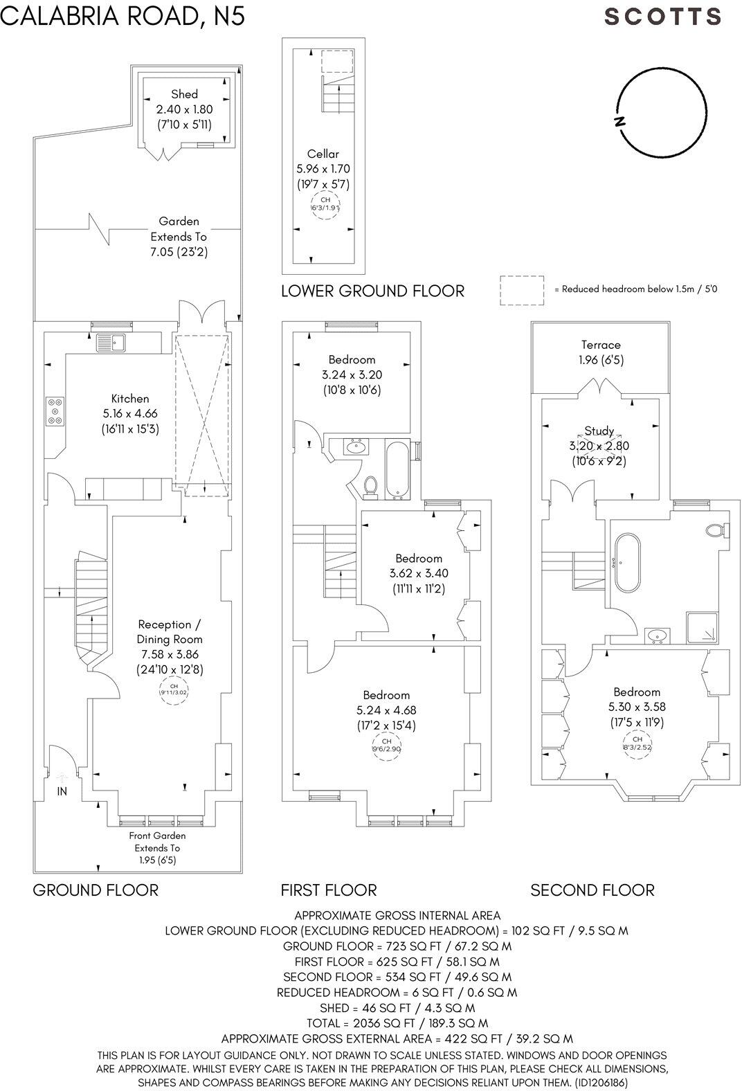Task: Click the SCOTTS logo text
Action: (663, 17)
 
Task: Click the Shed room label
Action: (184, 94)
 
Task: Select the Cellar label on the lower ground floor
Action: (323, 154)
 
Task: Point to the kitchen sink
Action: (110, 341)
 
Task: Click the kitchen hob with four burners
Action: (55, 411)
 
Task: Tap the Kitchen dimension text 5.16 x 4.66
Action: (129, 413)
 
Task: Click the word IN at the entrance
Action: (62, 791)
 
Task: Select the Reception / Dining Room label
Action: (170, 631)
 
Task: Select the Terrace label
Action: (600, 345)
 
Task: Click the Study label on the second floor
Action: (599, 431)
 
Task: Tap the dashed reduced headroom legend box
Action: (521, 290)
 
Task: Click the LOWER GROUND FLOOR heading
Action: (372, 291)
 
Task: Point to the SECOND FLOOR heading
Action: (592, 890)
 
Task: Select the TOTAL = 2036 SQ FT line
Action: (397, 1023)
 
